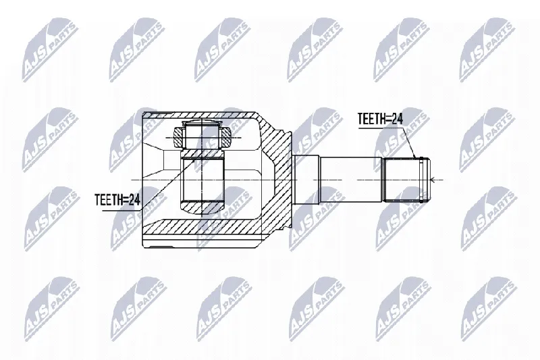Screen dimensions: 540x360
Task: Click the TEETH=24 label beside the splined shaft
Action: point(380,119)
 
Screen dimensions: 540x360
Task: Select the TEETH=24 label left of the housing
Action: point(117,199)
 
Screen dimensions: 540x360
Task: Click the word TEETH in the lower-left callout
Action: point(108,199)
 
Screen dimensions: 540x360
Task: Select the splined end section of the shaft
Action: point(402,180)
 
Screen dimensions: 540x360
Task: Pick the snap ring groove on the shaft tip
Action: point(421,180)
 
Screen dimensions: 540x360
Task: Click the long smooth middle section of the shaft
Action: point(351,180)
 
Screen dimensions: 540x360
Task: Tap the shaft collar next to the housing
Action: point(306,180)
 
